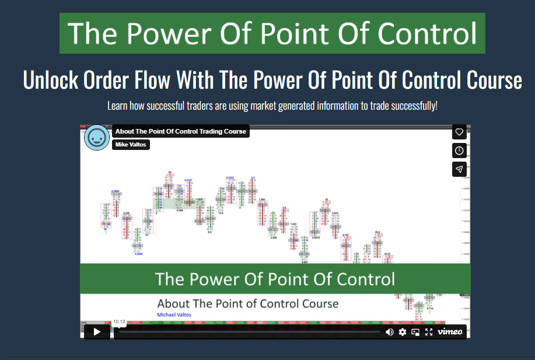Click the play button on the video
point(97,331)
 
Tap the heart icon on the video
point(459,132)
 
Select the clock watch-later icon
point(459,151)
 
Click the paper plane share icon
point(459,169)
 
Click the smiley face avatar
point(97,138)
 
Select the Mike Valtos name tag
point(131,145)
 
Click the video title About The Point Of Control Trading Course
point(180,131)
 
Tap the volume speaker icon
point(390,332)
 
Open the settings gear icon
point(403,332)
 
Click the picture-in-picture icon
point(415,332)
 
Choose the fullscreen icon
point(429,332)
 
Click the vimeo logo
point(450,332)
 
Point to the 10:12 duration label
point(119,321)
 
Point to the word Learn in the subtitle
point(117,106)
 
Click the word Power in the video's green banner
point(218,278)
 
